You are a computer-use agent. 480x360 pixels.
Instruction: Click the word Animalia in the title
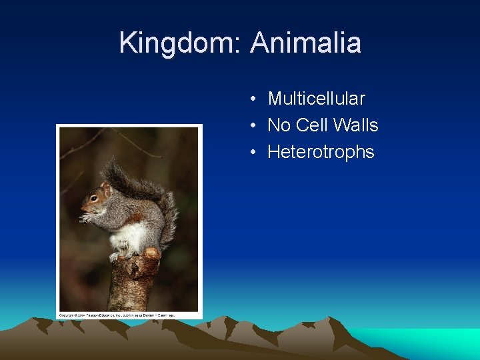(x=306, y=43)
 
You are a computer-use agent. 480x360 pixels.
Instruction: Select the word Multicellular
(x=316, y=99)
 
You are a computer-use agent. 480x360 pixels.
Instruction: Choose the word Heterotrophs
(x=321, y=152)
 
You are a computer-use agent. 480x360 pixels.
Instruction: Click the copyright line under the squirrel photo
(x=117, y=315)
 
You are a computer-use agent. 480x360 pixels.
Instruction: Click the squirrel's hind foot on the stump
(x=117, y=255)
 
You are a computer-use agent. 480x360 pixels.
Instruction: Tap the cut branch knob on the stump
(x=152, y=255)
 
